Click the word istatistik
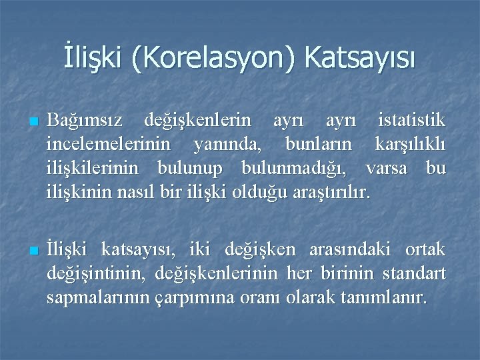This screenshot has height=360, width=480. pos(411,121)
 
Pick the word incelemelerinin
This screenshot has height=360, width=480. pos(108,145)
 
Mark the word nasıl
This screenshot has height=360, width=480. pos(137,192)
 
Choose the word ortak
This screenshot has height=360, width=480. pos(425,249)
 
